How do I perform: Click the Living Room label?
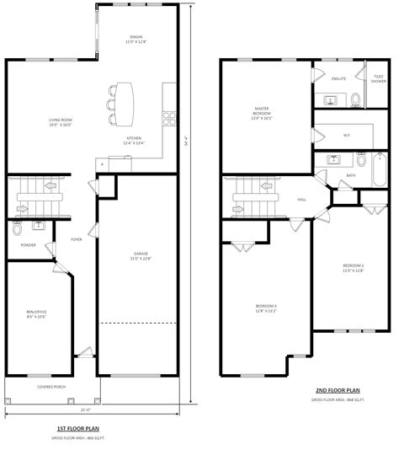click(59, 123)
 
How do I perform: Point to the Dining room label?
click(135, 39)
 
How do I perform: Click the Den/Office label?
click(36, 314)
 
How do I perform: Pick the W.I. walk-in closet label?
click(346, 133)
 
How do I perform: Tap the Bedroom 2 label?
click(352, 269)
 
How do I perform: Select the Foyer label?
click(75, 238)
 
